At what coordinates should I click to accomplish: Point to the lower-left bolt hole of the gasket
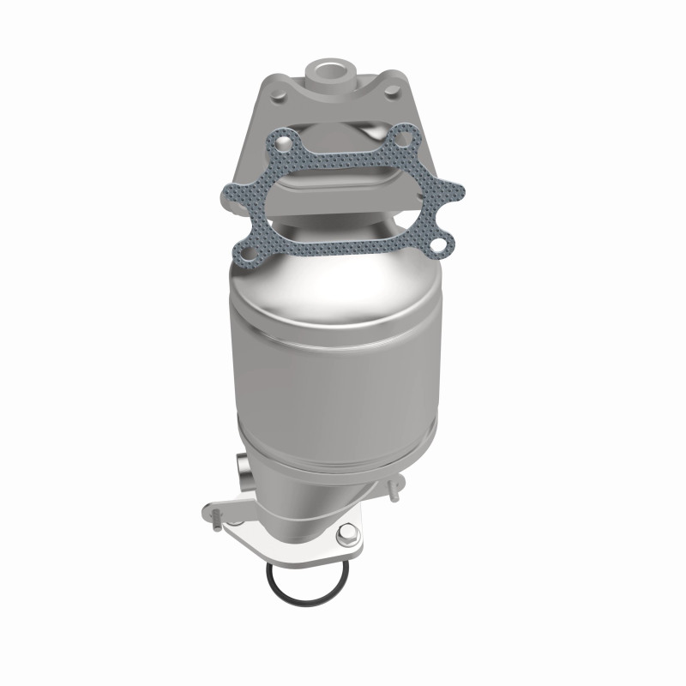(x=247, y=251)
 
